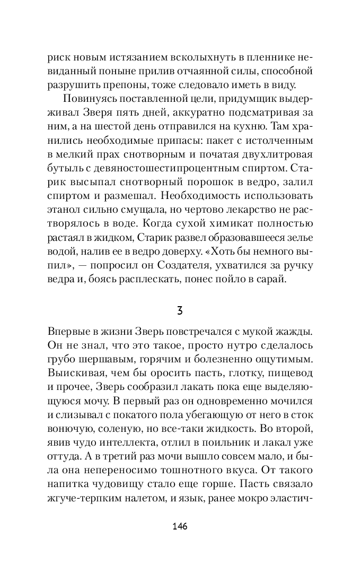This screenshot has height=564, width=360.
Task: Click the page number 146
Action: (180, 526)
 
